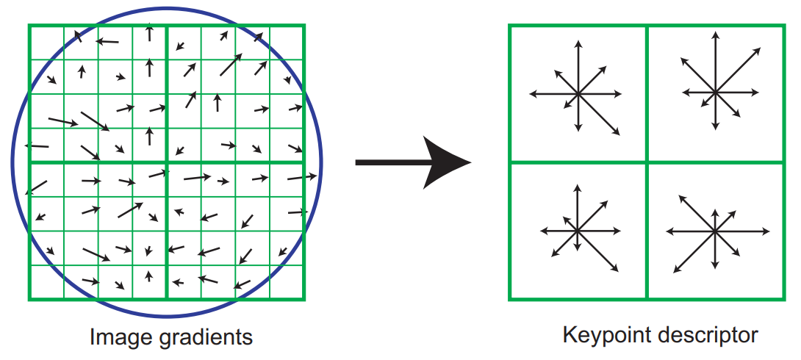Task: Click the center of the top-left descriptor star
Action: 578,94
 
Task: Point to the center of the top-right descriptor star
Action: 716,92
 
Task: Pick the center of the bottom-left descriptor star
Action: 578,231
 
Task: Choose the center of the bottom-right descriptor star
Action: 715,231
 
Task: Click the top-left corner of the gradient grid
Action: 29,26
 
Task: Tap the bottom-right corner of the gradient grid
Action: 304,299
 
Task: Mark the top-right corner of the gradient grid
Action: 304,26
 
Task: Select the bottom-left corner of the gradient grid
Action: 29,299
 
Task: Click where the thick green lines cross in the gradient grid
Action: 167,162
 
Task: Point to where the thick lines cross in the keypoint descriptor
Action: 647,162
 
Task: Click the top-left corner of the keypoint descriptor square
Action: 509,26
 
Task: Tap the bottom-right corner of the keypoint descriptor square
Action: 784,299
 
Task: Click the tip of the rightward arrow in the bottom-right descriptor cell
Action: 769,231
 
